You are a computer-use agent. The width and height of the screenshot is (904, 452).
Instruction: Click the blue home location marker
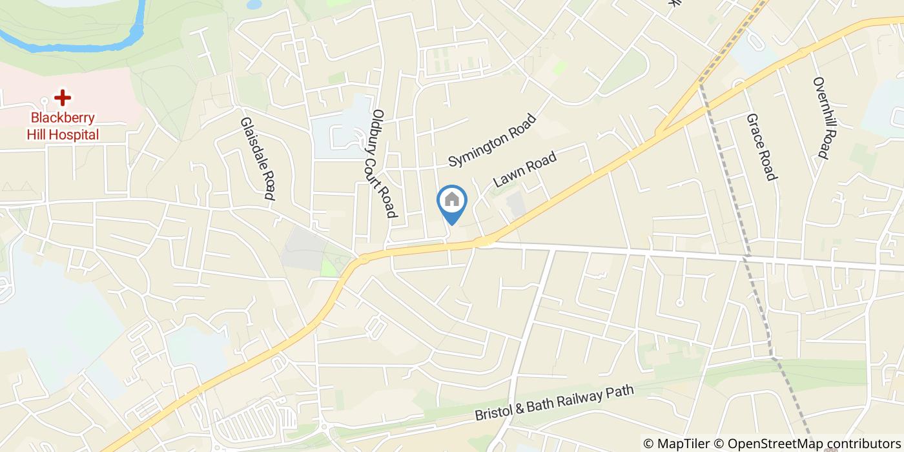click(x=452, y=202)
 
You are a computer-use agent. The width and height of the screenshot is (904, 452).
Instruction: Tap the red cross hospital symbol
click(x=63, y=98)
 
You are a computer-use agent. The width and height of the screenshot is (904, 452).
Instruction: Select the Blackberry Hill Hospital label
click(x=63, y=126)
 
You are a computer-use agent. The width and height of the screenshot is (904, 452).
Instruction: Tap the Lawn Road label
click(x=524, y=167)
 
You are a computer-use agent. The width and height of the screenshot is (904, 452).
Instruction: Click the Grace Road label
click(x=760, y=147)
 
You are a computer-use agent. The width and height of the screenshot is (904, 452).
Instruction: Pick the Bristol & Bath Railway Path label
click(x=555, y=404)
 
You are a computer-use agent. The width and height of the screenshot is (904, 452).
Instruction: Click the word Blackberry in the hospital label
click(x=63, y=118)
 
